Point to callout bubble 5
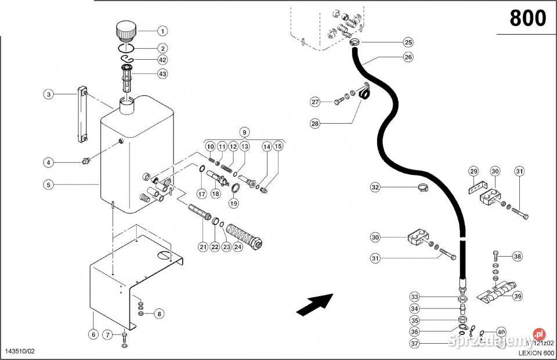[x=49, y=185]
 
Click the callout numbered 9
[x=244, y=132]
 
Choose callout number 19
[x=233, y=203]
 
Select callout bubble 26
[x=408, y=57]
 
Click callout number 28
[x=315, y=123]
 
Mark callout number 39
[x=518, y=296]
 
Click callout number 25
[x=408, y=42]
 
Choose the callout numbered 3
[x=49, y=94]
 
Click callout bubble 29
[x=474, y=171]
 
